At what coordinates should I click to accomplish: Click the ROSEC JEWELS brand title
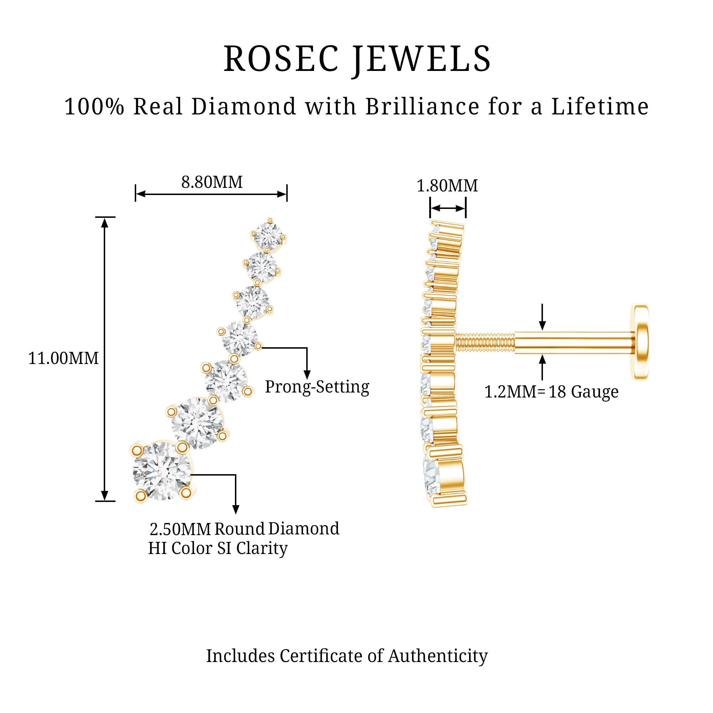[x=357, y=59]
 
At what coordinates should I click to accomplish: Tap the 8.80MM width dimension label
[x=212, y=182]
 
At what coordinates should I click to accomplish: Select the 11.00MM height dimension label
[x=63, y=358]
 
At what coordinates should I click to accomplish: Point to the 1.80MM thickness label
[x=447, y=186]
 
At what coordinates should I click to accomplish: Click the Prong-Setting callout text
[x=317, y=387]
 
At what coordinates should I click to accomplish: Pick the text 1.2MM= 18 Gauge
[x=552, y=392]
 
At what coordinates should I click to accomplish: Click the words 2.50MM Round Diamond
[x=244, y=529]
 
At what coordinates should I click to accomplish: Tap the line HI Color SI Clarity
[x=218, y=548]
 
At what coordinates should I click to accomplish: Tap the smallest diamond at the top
[x=269, y=234]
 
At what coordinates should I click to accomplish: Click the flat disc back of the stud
[x=641, y=342]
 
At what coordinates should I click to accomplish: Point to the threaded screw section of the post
[x=484, y=342]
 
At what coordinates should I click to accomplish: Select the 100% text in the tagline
[x=94, y=107]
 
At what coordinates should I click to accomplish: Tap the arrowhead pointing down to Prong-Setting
[x=307, y=375]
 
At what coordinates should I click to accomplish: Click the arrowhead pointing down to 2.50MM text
[x=235, y=509]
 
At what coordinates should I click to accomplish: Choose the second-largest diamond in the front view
[x=198, y=423]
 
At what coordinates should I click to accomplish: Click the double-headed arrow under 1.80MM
[x=448, y=209]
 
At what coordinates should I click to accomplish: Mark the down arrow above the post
[x=542, y=317]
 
